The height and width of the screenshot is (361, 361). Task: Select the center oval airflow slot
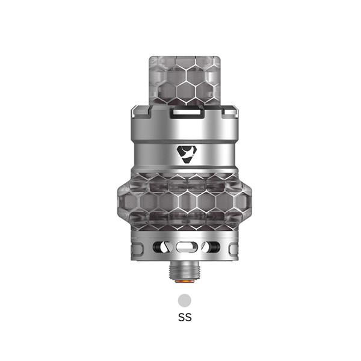[x=185, y=247]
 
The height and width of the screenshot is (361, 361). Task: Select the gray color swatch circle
[x=185, y=299]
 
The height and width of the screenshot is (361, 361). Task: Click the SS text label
[x=185, y=317]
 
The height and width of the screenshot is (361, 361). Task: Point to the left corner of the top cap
[x=136, y=111]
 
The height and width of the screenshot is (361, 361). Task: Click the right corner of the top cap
[x=233, y=111]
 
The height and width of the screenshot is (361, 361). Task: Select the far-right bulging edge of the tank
[x=250, y=202]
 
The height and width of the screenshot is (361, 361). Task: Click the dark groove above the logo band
[x=185, y=138]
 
